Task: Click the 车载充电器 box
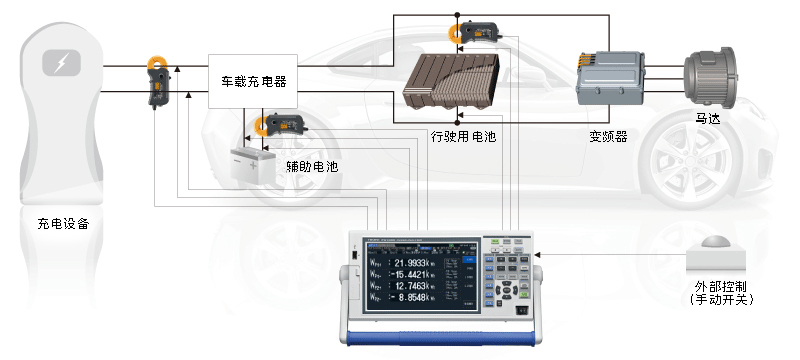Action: click(x=253, y=81)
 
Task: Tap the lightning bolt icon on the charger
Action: click(x=62, y=65)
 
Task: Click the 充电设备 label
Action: click(x=62, y=224)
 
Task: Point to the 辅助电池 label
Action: click(x=311, y=167)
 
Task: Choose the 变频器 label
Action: click(x=608, y=136)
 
